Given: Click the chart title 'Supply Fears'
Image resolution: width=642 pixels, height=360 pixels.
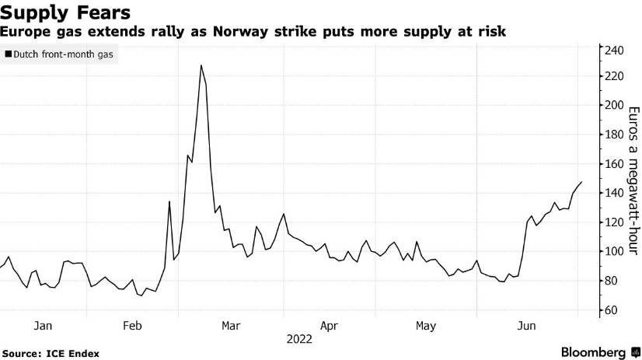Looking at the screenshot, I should pos(65,13).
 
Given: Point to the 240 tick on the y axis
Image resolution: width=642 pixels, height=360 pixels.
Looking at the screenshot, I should pos(614,51).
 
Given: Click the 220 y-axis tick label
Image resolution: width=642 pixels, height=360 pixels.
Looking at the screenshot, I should pos(614,76).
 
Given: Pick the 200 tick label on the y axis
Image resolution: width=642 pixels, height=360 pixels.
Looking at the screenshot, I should pos(614,105).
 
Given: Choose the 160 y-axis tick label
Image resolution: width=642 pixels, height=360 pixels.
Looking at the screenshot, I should pos(614,164).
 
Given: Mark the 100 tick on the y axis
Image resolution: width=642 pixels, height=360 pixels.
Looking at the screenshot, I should pos(614,251).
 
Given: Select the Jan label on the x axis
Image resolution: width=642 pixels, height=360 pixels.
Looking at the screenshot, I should pos(44,326).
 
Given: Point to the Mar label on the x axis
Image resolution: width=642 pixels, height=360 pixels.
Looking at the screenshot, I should pos(231,326).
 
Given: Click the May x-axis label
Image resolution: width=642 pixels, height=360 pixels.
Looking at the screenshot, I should pos(425,326).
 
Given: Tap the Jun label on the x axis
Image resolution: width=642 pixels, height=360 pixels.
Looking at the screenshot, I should pos(528,326).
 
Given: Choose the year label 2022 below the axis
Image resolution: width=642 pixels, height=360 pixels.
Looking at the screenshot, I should pos(299,339).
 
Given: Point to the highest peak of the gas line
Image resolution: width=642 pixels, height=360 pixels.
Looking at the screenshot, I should pos(201,65).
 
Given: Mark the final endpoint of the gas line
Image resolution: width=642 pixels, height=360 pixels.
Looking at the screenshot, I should pos(581,182).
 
